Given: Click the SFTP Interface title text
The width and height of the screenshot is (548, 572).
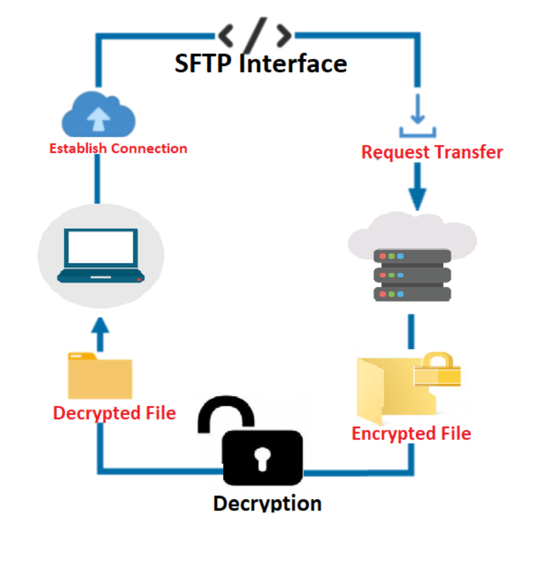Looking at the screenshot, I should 261,64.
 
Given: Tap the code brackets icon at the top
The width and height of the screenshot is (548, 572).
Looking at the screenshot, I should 255,35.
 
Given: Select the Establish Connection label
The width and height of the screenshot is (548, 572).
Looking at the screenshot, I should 118,149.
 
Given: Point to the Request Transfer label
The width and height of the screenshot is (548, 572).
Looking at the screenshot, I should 432,152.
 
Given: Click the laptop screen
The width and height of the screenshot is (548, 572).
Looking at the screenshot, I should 101,247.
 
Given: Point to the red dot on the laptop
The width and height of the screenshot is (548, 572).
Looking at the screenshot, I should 139,279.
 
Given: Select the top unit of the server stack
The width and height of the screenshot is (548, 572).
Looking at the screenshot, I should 412,256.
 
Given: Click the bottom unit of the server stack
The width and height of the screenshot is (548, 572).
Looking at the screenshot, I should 412,294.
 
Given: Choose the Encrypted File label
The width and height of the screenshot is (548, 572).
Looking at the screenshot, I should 411,433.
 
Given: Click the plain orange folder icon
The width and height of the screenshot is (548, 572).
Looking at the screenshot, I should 100,378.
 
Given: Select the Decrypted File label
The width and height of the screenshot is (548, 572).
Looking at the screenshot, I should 115,413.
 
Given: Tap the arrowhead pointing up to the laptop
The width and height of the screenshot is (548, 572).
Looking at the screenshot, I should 100,327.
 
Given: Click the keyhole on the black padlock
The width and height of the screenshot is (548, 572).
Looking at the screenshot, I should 263,459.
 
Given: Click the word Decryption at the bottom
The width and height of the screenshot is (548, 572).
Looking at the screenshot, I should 267,502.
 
